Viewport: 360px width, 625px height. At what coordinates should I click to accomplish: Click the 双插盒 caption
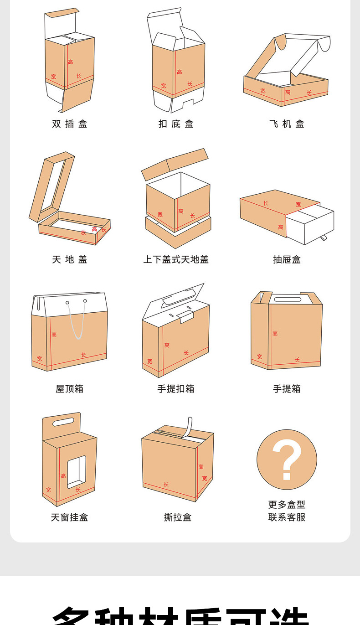69,124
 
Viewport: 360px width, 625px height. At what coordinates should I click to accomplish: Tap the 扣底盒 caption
176,124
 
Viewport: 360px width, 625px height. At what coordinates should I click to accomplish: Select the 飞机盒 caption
287,124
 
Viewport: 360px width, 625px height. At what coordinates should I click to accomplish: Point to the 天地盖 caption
69,259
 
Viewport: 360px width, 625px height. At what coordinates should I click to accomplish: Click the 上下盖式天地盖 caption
176,259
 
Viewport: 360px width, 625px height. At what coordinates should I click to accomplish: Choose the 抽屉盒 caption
287,259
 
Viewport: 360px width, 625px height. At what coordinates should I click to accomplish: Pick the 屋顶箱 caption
69,388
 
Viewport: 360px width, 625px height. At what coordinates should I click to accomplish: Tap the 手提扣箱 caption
176,388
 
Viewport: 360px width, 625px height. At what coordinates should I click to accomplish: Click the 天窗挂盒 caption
69,517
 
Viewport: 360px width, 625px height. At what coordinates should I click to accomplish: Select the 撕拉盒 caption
177,517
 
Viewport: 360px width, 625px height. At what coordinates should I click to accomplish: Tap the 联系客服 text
287,517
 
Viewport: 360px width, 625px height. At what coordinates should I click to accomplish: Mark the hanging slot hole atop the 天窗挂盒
63,422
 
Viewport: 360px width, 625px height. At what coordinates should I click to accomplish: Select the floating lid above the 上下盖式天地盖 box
175,163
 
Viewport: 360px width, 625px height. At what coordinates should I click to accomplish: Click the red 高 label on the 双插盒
70,62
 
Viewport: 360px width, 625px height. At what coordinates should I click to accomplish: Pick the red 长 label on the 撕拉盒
166,484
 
